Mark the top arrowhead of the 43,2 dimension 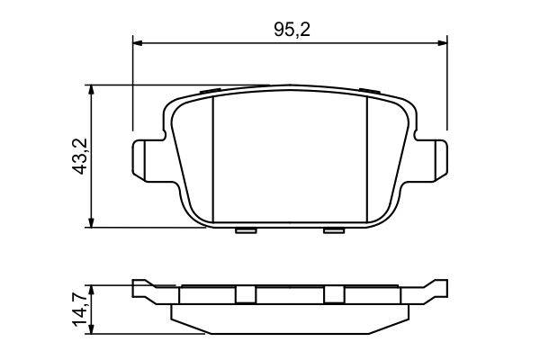(91, 90)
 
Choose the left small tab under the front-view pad (244, 230)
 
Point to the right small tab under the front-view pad (334, 230)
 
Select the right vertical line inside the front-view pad (367, 157)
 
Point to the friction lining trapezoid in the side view (289, 319)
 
